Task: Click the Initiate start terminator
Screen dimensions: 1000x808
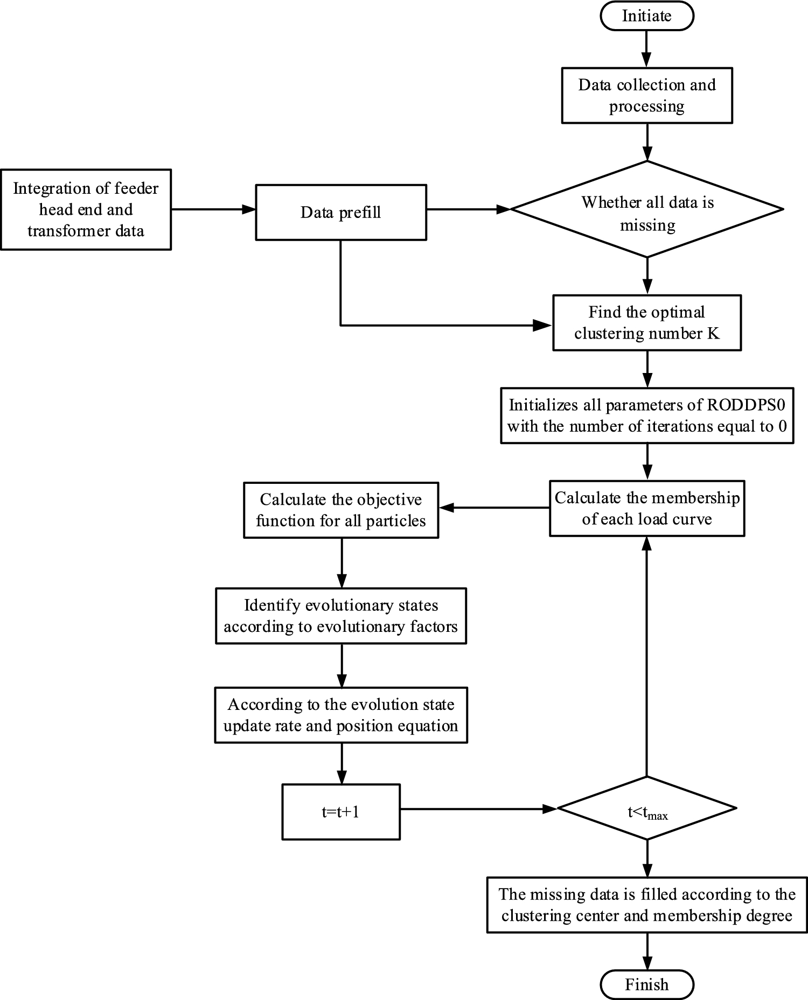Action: [646, 16]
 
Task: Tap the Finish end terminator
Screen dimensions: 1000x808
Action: [646, 984]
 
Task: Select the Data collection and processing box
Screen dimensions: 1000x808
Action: [646, 95]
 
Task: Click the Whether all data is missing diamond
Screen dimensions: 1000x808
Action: [646, 209]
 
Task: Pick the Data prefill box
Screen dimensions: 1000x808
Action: [340, 212]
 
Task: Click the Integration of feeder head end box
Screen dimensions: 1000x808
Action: [86, 209]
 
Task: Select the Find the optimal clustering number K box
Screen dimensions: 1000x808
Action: [646, 322]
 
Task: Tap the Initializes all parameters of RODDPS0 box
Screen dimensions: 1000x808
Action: [646, 415]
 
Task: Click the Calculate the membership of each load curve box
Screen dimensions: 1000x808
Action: [646, 508]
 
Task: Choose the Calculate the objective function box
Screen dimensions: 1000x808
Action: [340, 510]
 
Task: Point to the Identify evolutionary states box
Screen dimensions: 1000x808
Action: [340, 616]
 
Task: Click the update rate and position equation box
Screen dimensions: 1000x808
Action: [340, 715]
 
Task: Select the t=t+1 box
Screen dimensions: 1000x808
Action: [340, 812]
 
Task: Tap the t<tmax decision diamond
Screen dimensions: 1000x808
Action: [646, 808]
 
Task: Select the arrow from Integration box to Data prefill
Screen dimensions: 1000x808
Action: [213, 209]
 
